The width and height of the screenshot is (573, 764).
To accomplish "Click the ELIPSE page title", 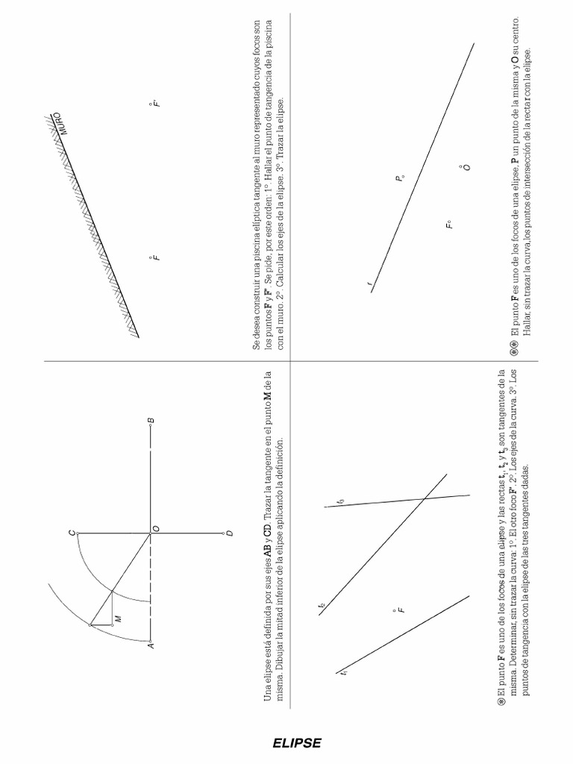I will tap(297, 743).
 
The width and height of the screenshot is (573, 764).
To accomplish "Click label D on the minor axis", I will tap(229, 533).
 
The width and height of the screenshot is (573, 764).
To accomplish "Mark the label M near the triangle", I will tap(117, 619).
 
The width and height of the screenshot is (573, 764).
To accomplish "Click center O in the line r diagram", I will tap(466, 167).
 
